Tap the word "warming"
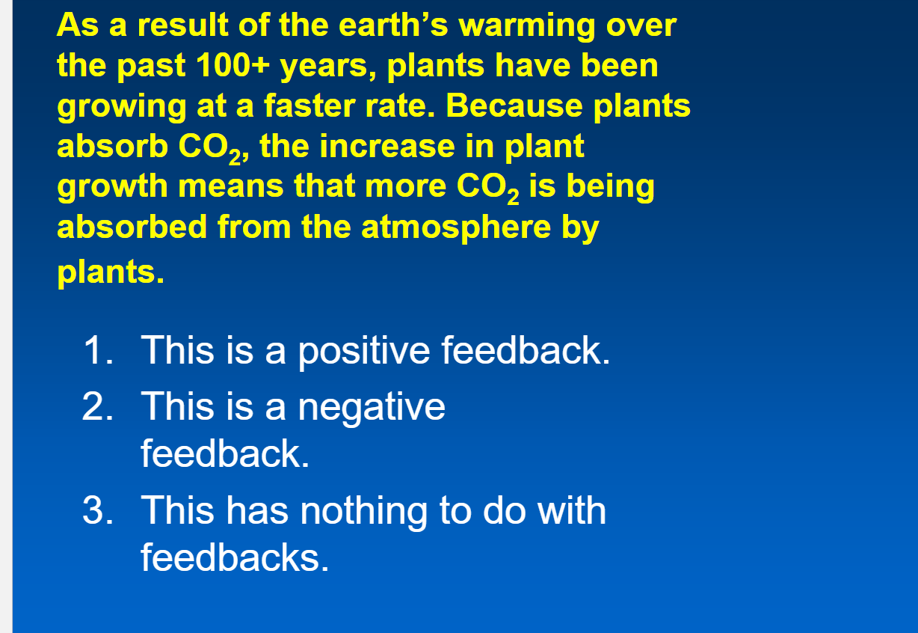pyautogui.click(x=526, y=25)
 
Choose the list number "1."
pyautogui.click(x=98, y=350)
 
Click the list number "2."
pyautogui.click(x=98, y=407)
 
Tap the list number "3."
pyautogui.click(x=98, y=510)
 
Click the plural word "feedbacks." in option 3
pyautogui.click(x=235, y=557)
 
